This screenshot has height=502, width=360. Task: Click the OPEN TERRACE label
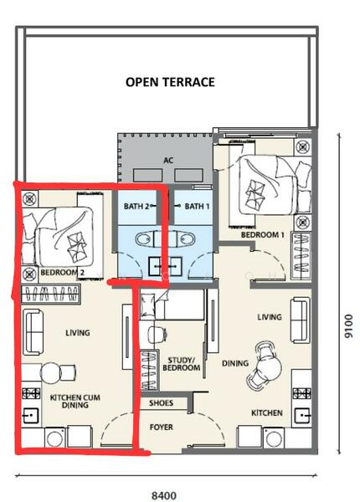coord(170,82)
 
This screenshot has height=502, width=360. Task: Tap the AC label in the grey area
coord(168,160)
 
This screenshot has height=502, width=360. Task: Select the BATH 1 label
coord(197,206)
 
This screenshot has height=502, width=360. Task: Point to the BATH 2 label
coord(136,206)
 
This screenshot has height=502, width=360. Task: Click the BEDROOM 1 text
coord(263,234)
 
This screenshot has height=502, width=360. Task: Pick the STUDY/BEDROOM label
coord(182,364)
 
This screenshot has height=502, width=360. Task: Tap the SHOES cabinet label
coord(161,403)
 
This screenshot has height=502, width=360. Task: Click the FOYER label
coord(162,427)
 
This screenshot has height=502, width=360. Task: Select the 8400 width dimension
coord(164,496)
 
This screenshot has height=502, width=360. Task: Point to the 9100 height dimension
coord(348,326)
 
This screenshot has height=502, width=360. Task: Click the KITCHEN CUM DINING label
coord(75,402)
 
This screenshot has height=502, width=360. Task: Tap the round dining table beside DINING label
coord(269,364)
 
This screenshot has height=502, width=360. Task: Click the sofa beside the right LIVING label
coord(301,320)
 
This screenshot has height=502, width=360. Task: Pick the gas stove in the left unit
coord(31,393)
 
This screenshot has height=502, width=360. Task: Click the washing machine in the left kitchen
coord(55,438)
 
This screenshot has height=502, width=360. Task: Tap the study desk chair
coord(157,335)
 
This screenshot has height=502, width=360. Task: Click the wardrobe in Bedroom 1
coord(301,255)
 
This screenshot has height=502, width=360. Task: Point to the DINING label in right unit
coord(235,363)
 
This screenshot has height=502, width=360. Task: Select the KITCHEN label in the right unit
coord(267,413)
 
